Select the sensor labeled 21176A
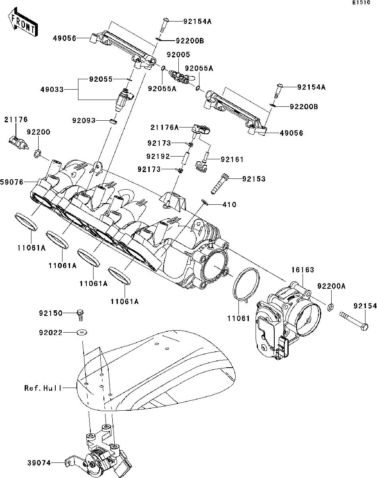pyautogui.click(x=201, y=130)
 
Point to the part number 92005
pyautogui.click(x=178, y=55)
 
